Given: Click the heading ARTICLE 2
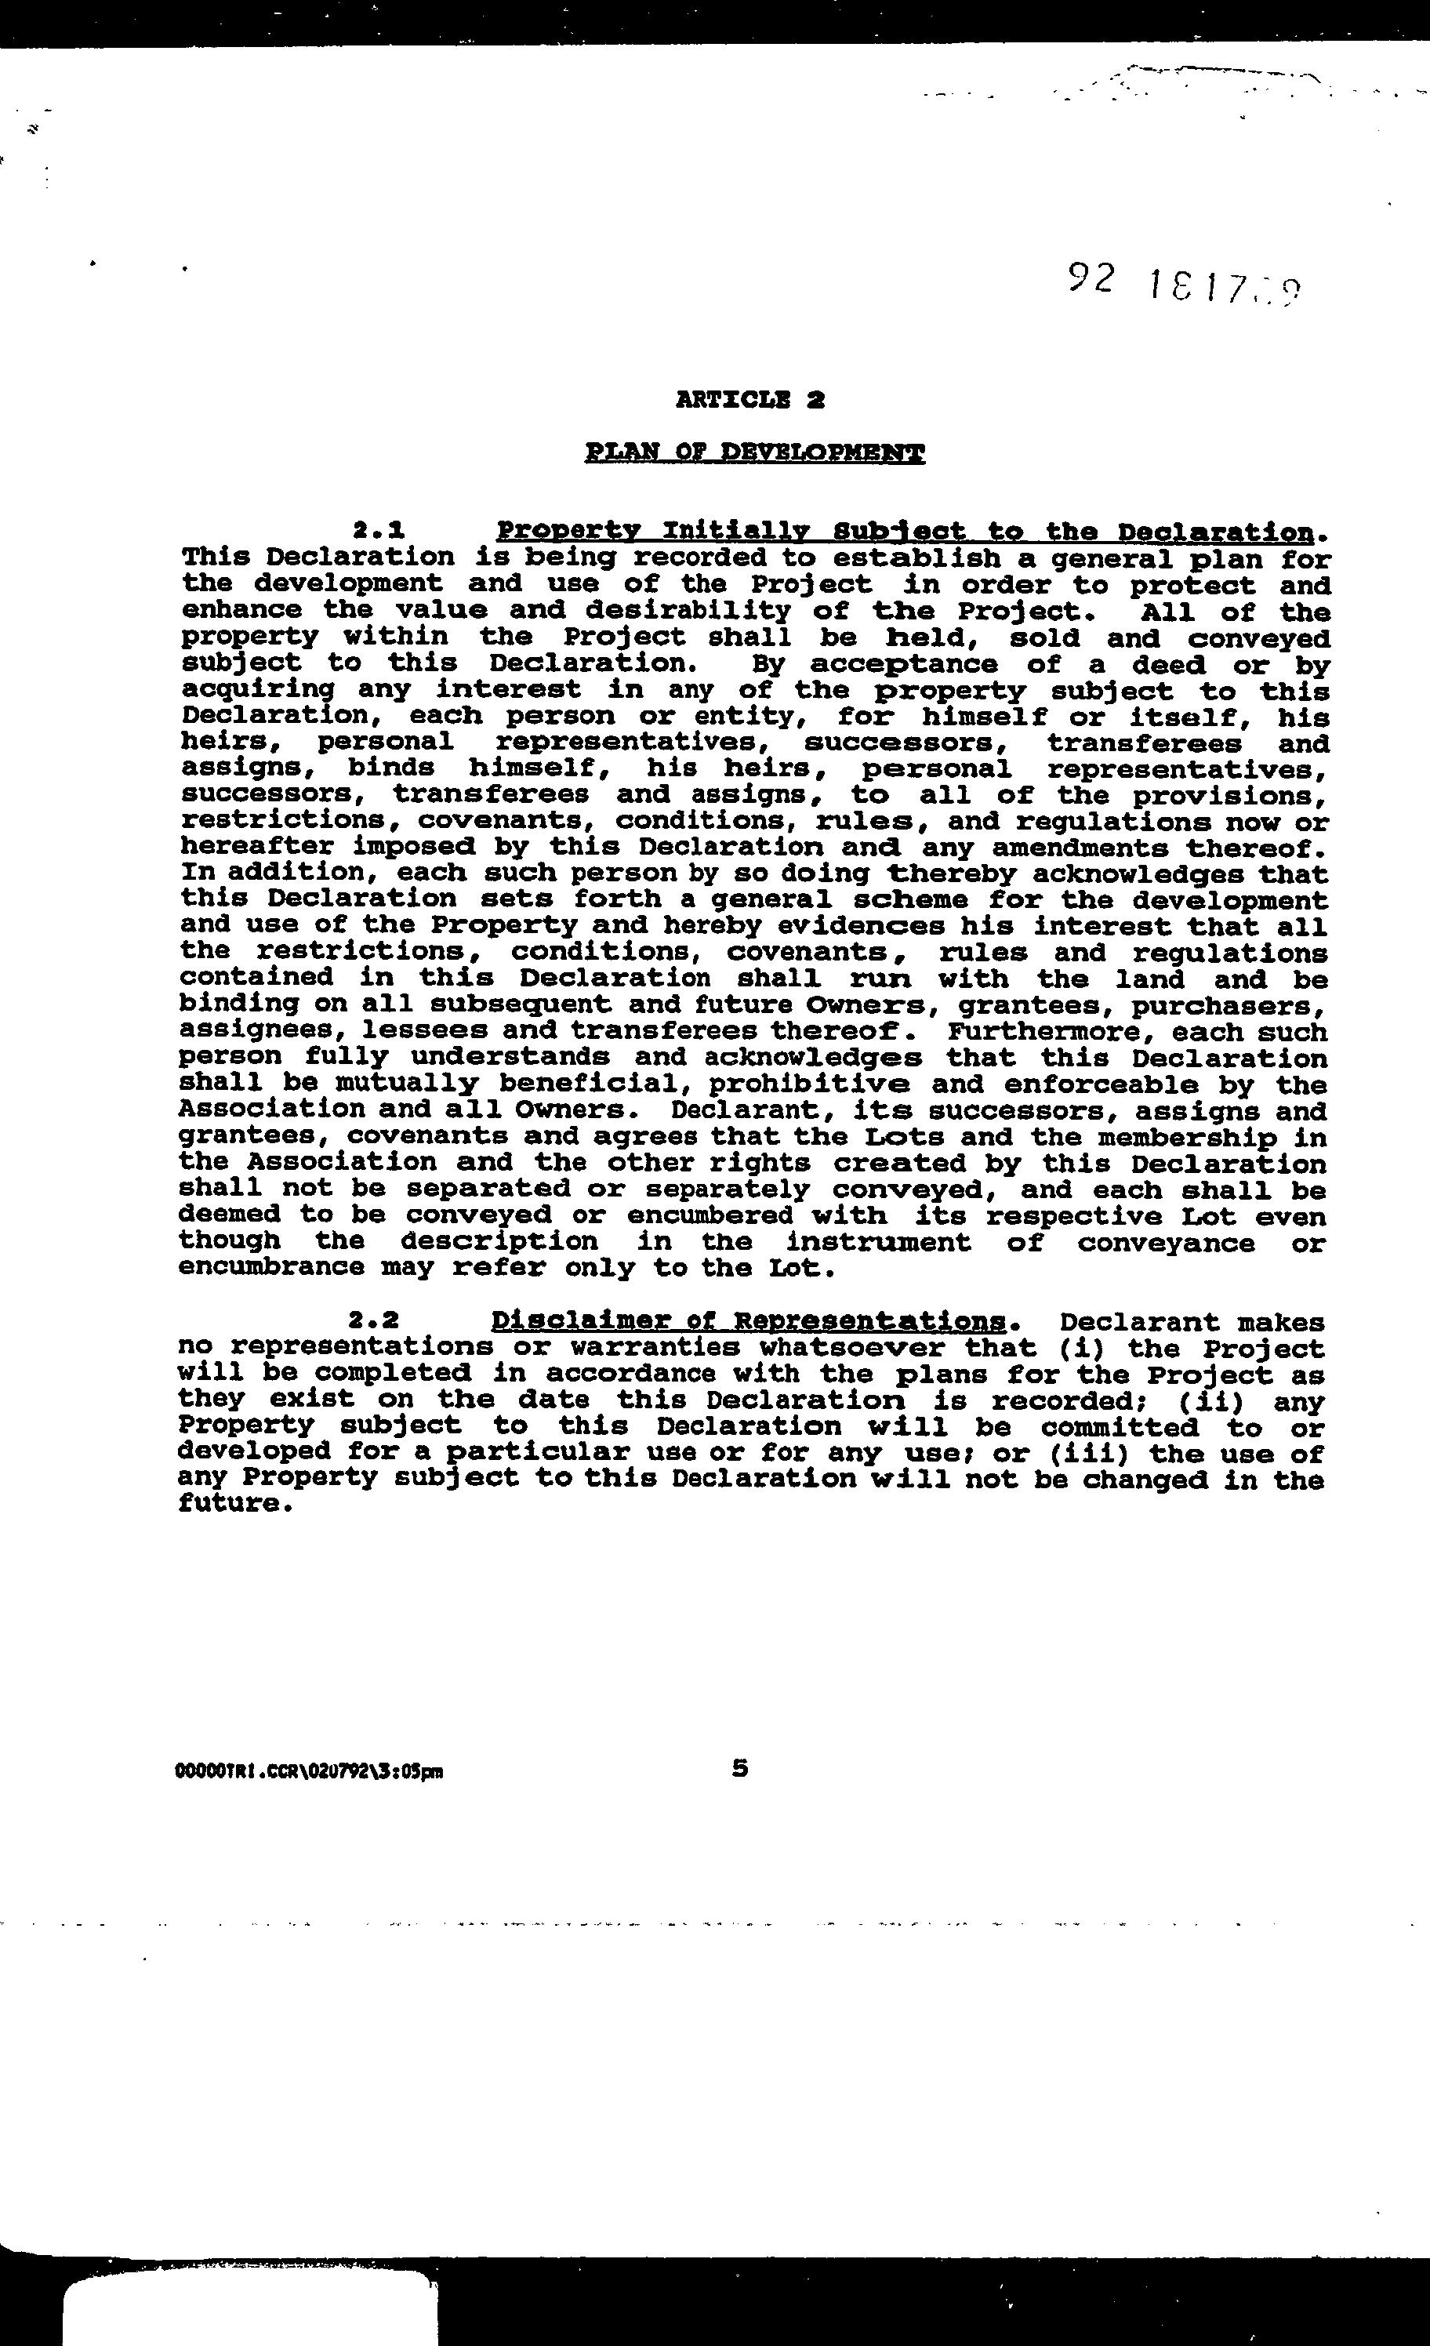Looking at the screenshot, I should (x=749, y=400).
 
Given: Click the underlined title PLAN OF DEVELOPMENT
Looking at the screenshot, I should (x=755, y=452).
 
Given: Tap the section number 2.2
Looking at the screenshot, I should (x=372, y=1320).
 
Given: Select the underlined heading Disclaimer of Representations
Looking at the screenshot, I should (x=749, y=1320).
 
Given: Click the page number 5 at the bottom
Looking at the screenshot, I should (x=740, y=1768).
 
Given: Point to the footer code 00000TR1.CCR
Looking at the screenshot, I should (x=310, y=1772).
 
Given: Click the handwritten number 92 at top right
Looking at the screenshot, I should (x=1090, y=278).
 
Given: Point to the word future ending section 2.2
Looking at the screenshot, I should (x=231, y=1505).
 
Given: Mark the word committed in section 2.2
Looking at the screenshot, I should (x=1119, y=1427).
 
